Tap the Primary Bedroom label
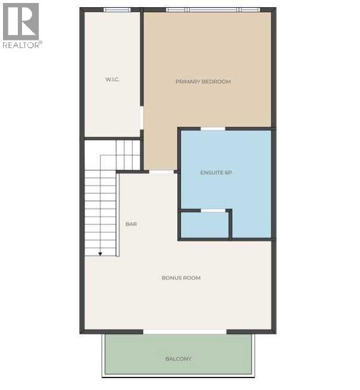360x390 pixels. pos(203,82)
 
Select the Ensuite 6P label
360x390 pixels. pos(215,173)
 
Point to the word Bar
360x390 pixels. pos(131,224)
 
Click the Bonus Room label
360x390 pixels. pos(181,277)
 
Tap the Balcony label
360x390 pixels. pos(179,358)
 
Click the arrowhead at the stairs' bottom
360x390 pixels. pos(100,254)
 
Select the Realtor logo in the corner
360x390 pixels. pos(21,21)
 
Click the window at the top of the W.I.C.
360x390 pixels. pos(117,10)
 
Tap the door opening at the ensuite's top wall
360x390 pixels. pos(213,129)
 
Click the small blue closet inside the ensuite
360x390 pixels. pos(205,225)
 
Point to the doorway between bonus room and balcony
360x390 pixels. pos(185,331)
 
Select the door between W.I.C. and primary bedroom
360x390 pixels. pos(142,118)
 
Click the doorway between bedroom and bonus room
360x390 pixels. pos(161,172)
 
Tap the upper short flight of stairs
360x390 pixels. pos(127,154)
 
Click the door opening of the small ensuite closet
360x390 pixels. pos(213,211)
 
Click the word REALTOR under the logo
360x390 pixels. pos(21,45)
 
